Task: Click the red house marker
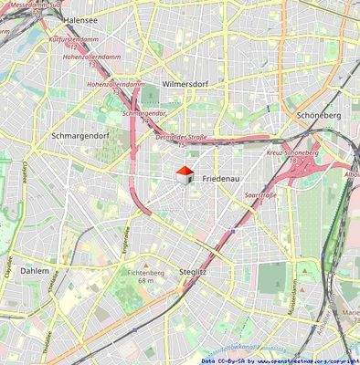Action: (184, 173)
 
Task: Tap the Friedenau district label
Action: (222, 176)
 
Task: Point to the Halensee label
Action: (80, 18)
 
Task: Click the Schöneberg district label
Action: (319, 116)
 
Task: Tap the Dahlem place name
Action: (35, 271)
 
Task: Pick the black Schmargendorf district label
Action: (81, 135)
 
